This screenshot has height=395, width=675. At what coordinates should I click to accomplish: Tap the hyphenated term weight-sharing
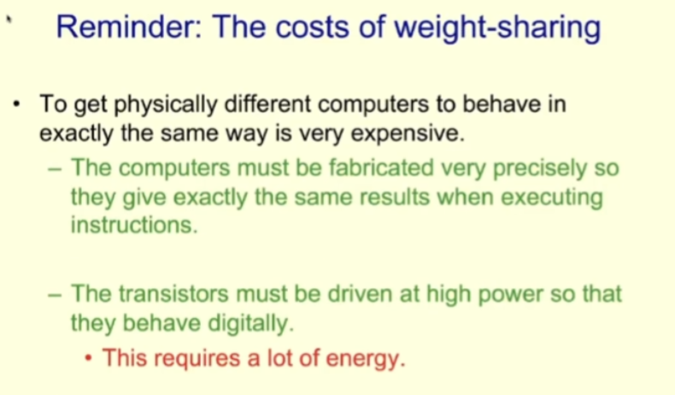click(496, 28)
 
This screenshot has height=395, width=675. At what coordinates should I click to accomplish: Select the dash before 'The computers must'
click(56, 168)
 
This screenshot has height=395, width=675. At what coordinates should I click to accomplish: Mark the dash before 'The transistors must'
click(56, 294)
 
